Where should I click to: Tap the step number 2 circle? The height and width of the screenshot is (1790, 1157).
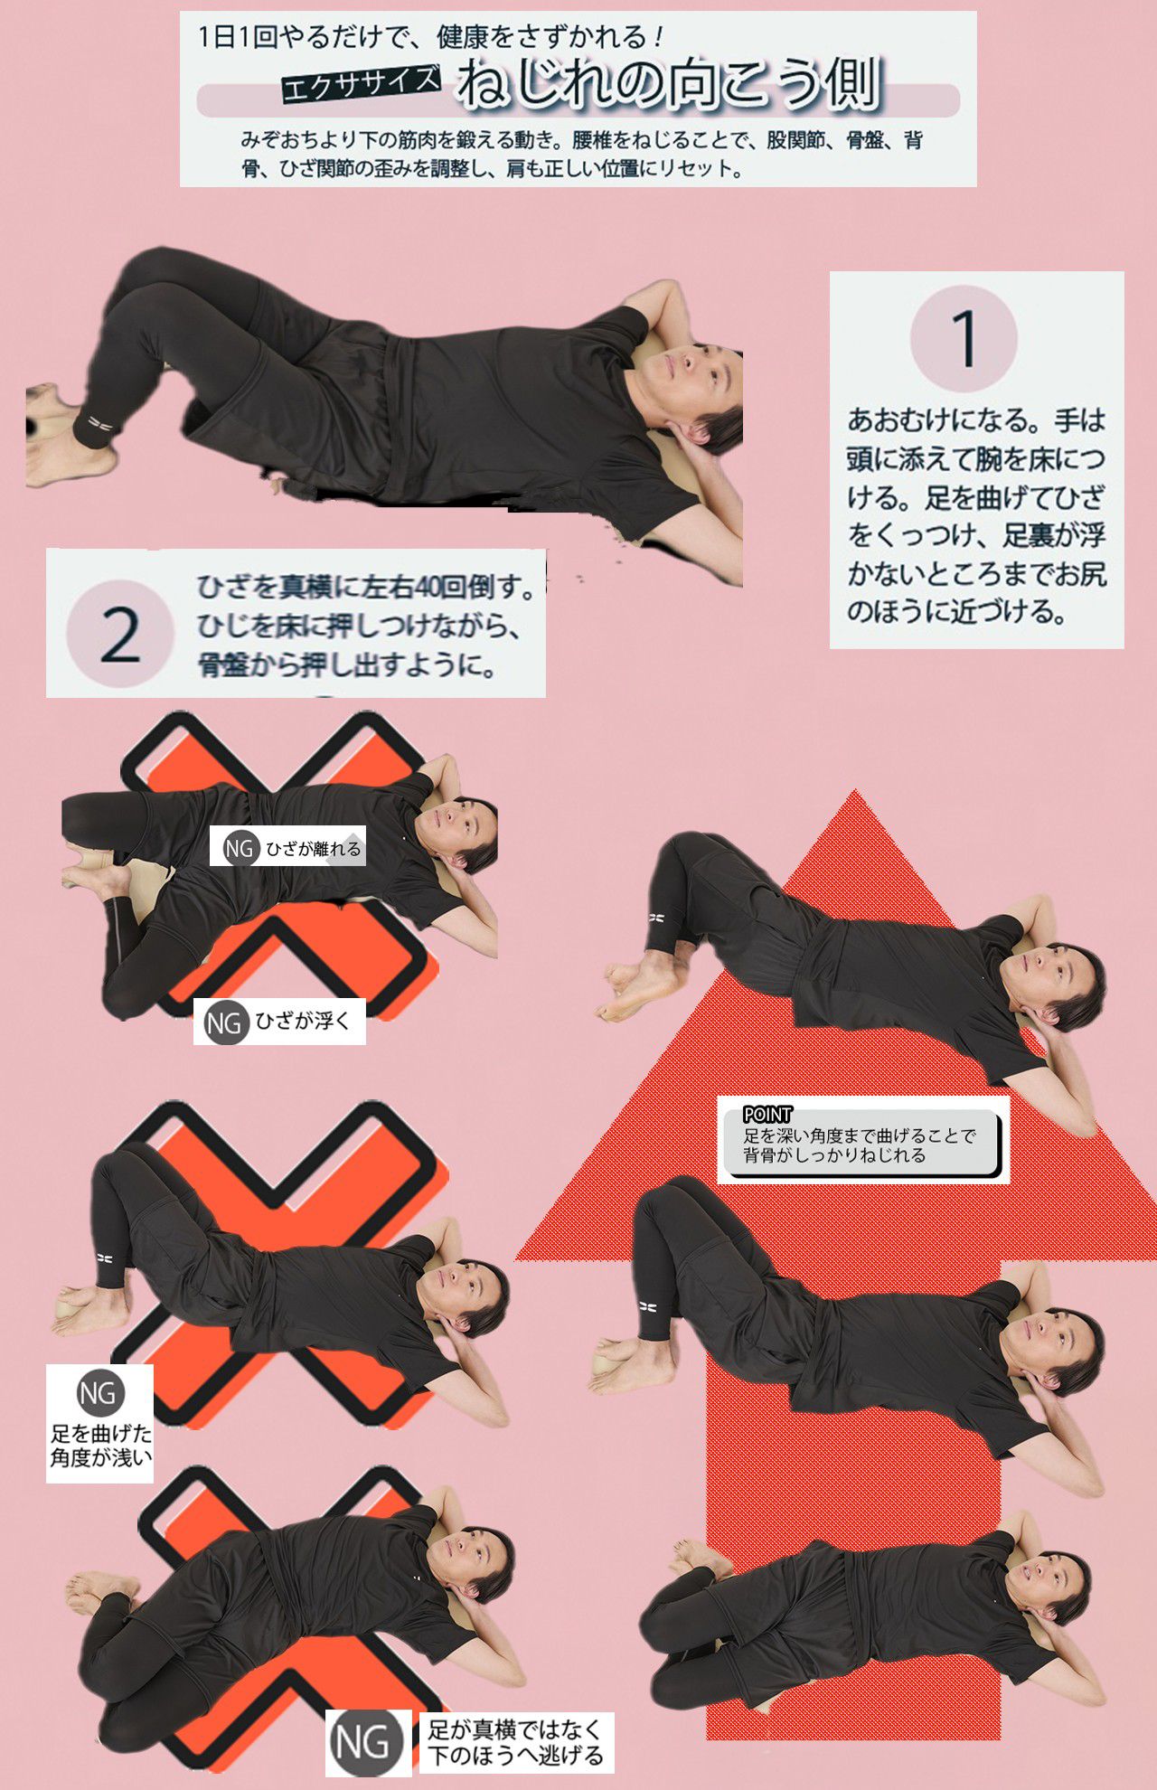[x=120, y=634]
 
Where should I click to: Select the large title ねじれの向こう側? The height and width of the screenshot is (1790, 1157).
[x=669, y=83]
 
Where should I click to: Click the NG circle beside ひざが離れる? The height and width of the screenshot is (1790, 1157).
[x=239, y=848]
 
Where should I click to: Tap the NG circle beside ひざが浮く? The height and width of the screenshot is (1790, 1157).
[x=223, y=1022]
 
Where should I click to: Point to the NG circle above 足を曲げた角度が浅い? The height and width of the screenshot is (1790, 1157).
[x=99, y=1393]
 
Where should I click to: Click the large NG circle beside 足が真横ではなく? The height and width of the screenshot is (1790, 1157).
[x=362, y=1742]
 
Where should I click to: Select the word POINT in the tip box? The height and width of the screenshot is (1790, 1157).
[x=767, y=1115]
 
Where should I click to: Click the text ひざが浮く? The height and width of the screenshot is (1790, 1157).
[x=302, y=1022]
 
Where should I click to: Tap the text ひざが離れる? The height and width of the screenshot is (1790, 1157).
[x=313, y=849]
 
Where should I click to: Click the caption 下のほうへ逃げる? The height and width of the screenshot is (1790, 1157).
[x=515, y=1756]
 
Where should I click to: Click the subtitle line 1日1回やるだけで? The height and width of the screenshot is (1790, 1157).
[x=429, y=37]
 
